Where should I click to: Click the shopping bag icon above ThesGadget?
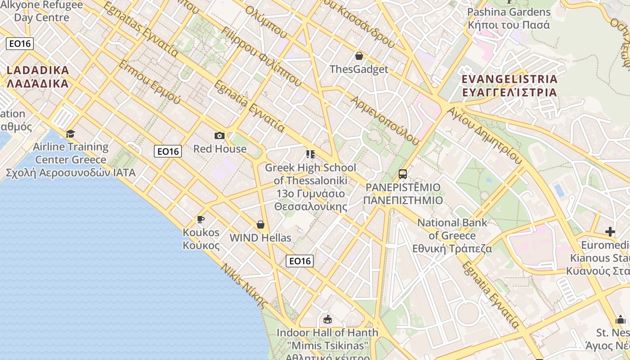[359, 56]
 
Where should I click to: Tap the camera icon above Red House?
[220, 135]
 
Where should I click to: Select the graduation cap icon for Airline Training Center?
[70, 134]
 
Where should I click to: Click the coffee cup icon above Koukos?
[201, 219]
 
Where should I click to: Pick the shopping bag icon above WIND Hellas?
[260, 224]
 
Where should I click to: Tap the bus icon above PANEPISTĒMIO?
[403, 174]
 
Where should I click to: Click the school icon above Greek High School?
[310, 154]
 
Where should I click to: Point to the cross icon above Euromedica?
[610, 232]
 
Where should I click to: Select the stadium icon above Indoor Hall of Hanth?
[328, 319]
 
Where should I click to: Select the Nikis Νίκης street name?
[244, 285]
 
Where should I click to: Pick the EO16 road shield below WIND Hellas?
[300, 261]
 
